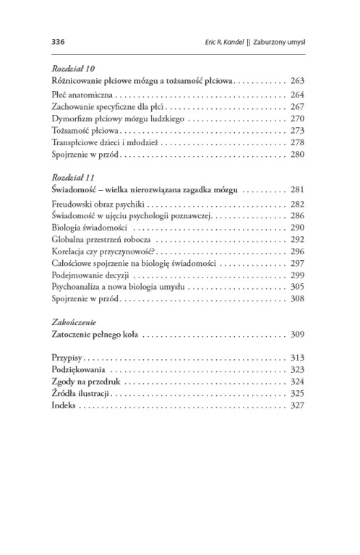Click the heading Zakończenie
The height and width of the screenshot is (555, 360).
74,322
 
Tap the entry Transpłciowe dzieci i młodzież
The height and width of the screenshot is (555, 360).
109,143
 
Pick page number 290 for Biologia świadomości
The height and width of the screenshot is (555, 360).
298,228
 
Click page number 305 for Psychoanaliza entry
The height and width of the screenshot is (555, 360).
298,288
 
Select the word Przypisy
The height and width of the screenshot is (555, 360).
68,358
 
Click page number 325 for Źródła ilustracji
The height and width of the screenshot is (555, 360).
298,394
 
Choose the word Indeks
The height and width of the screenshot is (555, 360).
64,406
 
